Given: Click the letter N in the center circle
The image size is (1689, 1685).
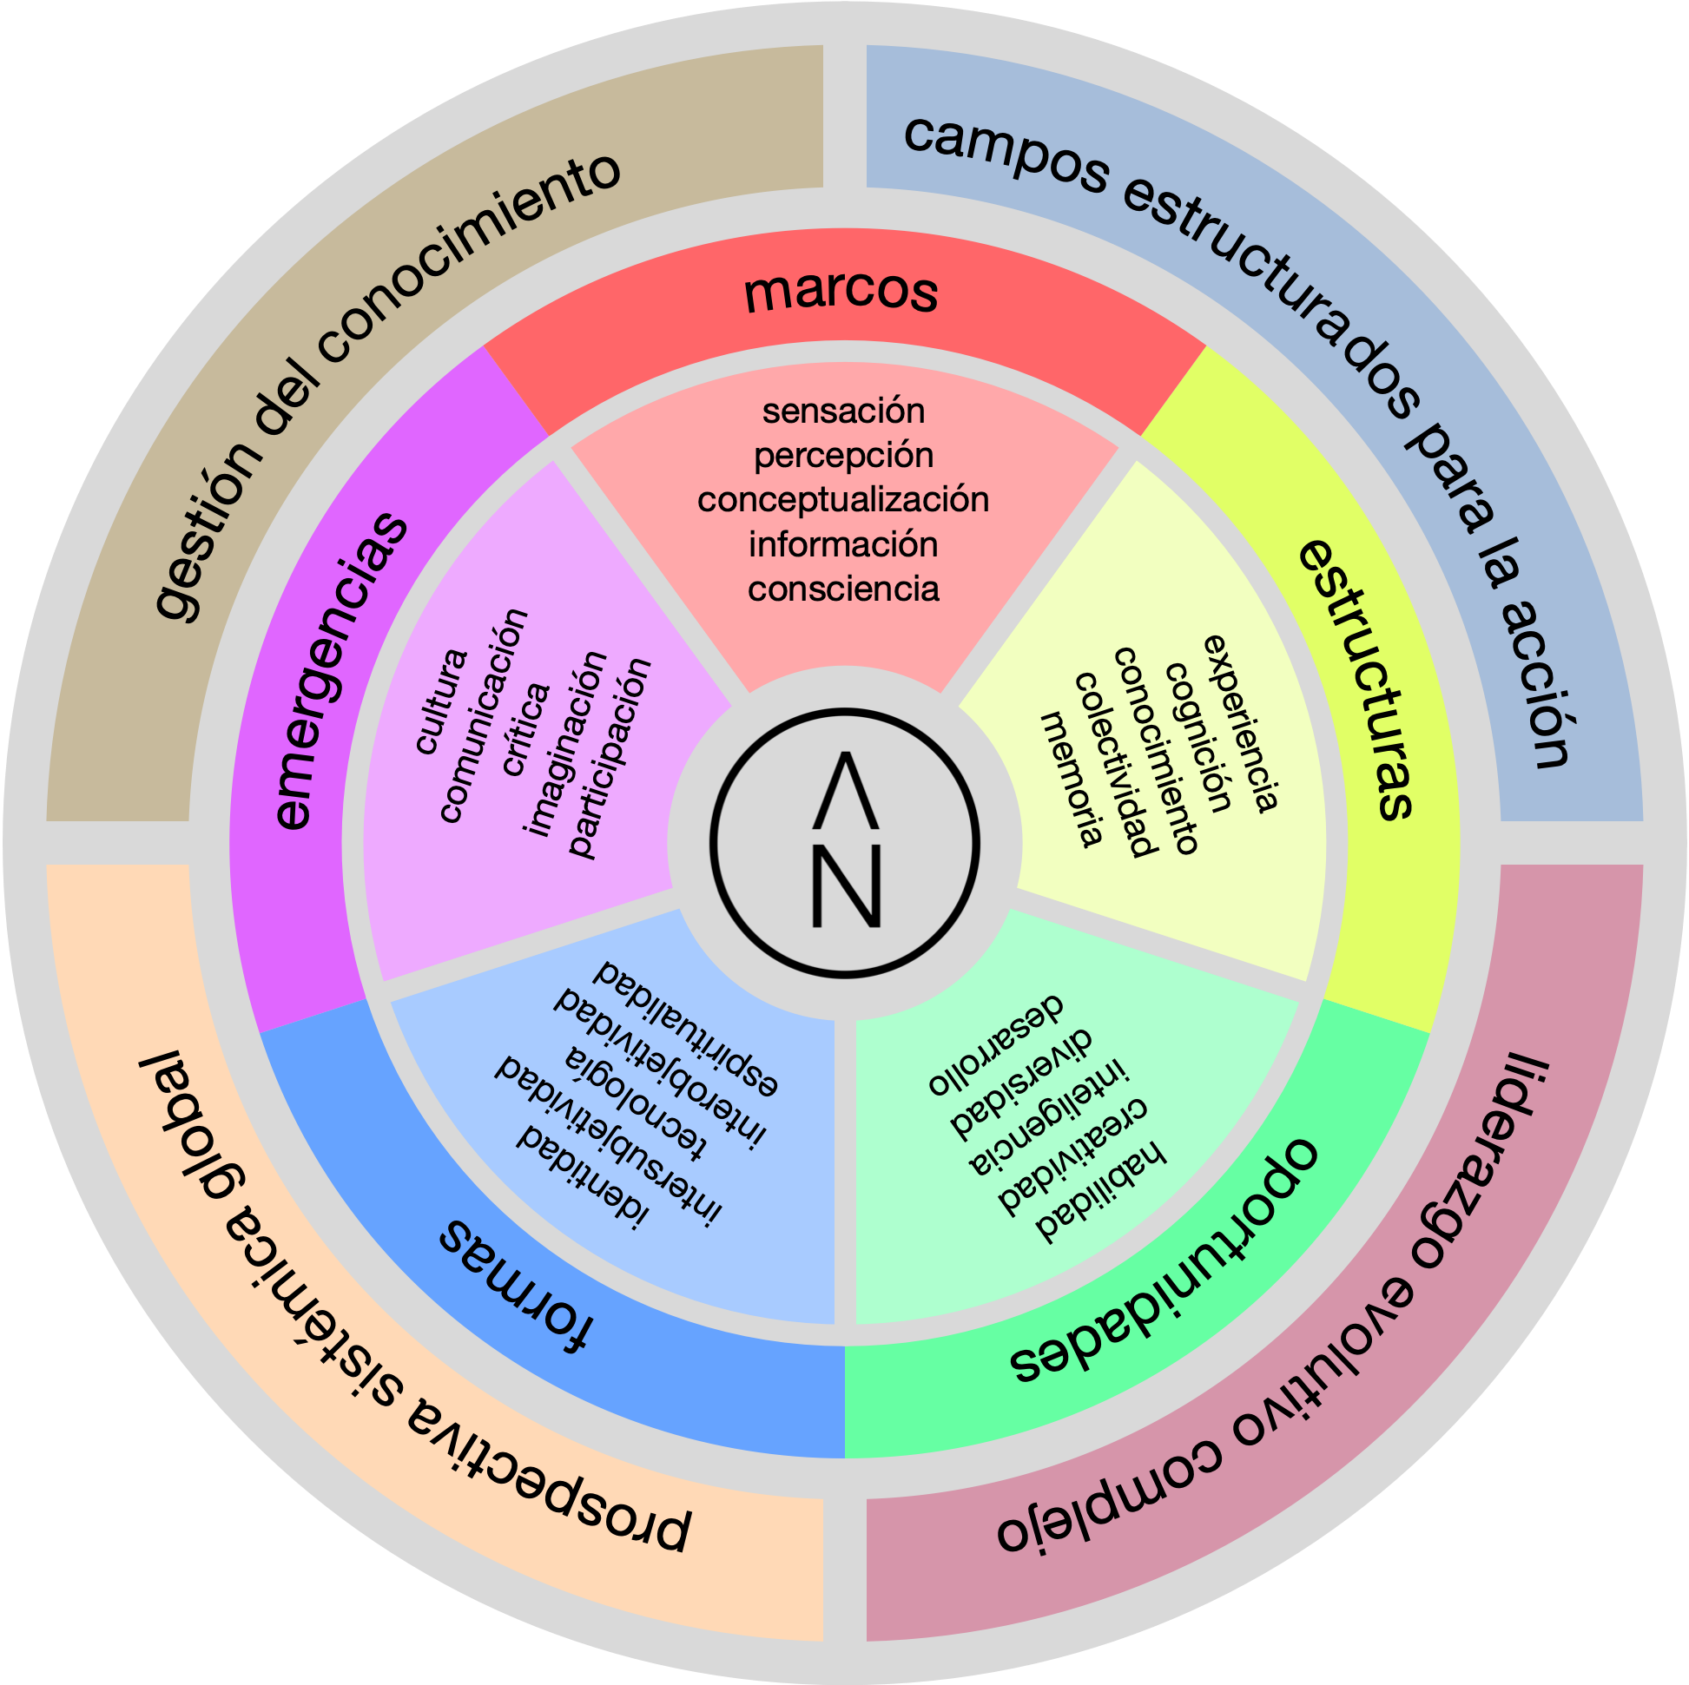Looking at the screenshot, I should (x=846, y=887).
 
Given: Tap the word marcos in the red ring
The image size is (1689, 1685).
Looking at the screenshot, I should (x=841, y=292).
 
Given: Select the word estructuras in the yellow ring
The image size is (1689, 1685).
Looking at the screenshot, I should (x=1357, y=679).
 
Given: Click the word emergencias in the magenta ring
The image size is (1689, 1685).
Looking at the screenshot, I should (x=340, y=671).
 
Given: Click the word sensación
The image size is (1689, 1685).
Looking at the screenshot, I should (x=843, y=411).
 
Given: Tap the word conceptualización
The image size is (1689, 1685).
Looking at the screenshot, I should (x=843, y=500).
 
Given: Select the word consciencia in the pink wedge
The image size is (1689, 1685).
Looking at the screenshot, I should (x=843, y=589).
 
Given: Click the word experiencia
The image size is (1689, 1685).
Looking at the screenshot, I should (x=1243, y=725).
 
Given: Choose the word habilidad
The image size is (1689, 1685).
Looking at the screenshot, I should (x=1100, y=1194).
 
